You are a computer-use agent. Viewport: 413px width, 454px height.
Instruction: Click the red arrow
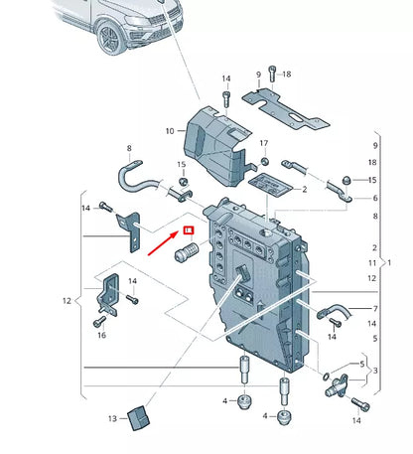(163, 241)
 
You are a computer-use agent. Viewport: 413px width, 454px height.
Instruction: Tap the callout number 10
(170, 130)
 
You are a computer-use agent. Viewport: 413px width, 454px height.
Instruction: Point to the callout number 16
(101, 337)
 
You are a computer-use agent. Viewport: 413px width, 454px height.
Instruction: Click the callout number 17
(264, 143)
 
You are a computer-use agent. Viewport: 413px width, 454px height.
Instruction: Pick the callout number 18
(287, 75)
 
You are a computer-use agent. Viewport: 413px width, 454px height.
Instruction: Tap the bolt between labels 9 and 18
(272, 76)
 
